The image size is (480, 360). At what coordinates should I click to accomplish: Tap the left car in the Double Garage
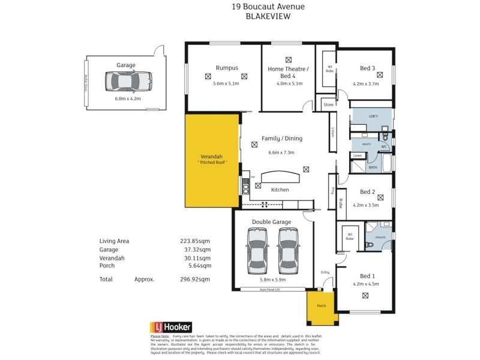[257, 249]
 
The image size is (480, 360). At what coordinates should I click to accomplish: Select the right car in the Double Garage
[287, 249]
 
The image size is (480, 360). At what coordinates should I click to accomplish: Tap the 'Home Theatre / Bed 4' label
[288, 73]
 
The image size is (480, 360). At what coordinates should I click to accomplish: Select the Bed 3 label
[367, 68]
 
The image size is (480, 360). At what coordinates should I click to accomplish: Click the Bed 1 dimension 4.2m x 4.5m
[365, 284]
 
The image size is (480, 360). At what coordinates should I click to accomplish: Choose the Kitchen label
[280, 190]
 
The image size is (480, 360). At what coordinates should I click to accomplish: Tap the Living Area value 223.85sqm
[196, 241]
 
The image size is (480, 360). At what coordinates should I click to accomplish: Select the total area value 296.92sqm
[196, 279]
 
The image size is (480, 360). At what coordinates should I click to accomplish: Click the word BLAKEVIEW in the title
[268, 17]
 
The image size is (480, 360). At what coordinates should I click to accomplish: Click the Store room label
[328, 105]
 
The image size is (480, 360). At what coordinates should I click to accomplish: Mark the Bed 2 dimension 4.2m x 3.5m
[365, 205]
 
